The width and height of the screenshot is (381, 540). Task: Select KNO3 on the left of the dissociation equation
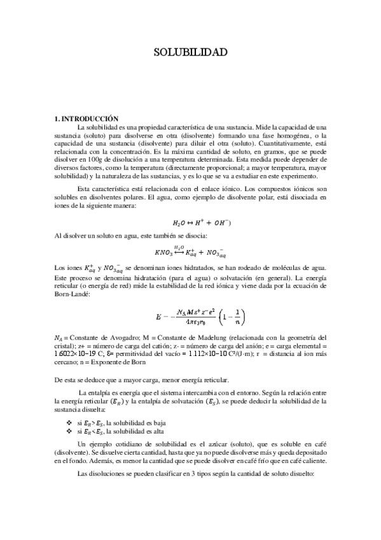[164, 253]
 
